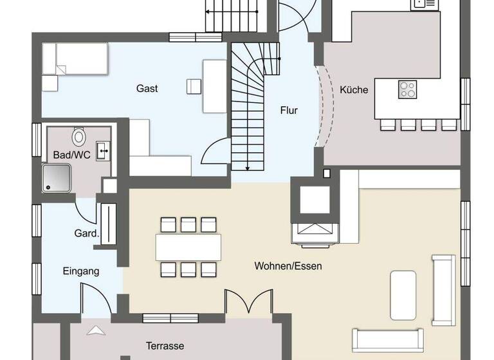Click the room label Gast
[147, 88]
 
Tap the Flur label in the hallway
[289, 111]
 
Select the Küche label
[354, 90]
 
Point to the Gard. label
[87, 233]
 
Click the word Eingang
[81, 271]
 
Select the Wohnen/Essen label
[288, 265]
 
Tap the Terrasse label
[165, 345]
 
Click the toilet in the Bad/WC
[79, 136]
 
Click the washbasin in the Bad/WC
[103, 151]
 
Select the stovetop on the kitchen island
[407, 89]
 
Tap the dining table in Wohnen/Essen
[188, 247]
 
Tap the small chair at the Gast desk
[194, 85]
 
